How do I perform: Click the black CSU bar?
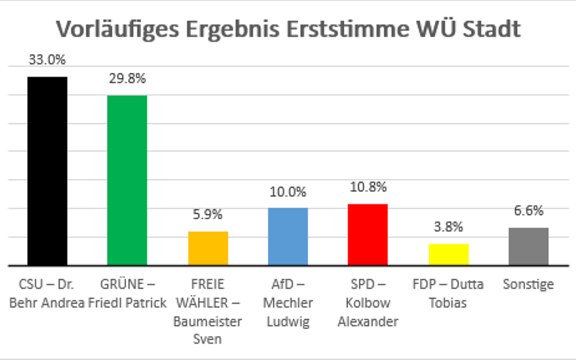point(47,171)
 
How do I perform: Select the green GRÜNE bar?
point(127,180)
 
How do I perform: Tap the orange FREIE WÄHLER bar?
point(208,248)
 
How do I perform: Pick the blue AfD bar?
point(288,236)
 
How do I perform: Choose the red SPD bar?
point(368,234)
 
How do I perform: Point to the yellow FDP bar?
point(448,254)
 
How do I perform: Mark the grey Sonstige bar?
point(528,246)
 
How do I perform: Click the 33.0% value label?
point(47,60)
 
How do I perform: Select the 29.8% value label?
point(127,79)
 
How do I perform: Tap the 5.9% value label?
point(208,215)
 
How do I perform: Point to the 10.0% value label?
point(288,192)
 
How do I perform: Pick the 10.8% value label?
point(368,187)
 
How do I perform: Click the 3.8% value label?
point(448,227)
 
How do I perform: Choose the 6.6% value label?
point(528,210)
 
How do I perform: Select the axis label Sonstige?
point(528,284)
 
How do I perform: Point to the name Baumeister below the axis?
point(208,321)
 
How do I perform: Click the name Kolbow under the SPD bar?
point(368,303)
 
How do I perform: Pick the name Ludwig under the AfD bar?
point(288,321)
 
